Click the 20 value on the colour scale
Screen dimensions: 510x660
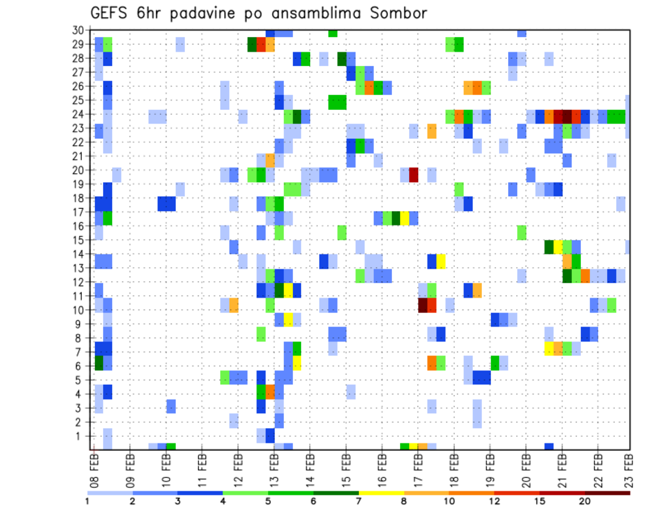coord(585,501)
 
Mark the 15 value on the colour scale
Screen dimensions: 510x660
coord(540,501)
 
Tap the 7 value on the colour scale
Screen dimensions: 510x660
coord(360,501)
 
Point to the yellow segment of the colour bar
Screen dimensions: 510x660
coord(382,492)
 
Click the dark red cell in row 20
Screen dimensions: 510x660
coord(414,175)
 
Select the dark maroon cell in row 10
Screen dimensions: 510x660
coord(423,305)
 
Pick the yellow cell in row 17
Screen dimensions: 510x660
coord(405,218)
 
